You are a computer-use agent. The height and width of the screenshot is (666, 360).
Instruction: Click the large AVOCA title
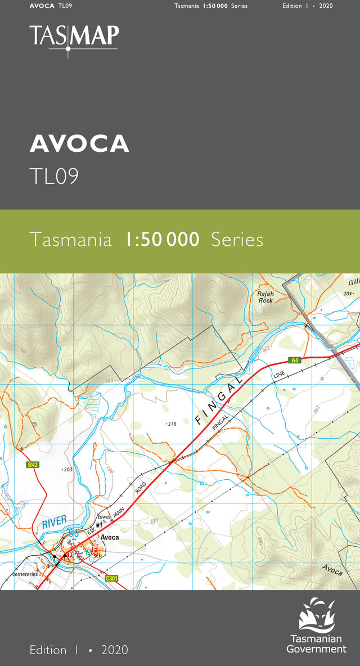[79, 144]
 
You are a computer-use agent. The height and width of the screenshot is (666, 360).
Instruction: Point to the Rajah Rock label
[265, 297]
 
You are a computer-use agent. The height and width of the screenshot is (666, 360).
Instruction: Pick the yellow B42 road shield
[33, 465]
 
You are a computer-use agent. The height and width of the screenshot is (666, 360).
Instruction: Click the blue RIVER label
[53, 521]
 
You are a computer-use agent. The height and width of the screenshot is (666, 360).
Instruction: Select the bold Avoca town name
[110, 537]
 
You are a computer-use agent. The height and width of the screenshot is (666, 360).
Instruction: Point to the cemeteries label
[25, 574]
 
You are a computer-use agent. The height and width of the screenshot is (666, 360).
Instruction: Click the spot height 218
[172, 424]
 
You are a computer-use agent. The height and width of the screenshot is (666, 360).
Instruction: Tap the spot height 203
[68, 469]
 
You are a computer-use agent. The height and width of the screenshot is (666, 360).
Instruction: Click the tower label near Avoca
[105, 517]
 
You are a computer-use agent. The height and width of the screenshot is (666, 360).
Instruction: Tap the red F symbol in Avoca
[96, 550]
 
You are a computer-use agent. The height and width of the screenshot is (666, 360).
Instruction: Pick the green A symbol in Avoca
[88, 553]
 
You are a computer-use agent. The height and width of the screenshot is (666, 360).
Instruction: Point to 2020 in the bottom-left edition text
[115, 650]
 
